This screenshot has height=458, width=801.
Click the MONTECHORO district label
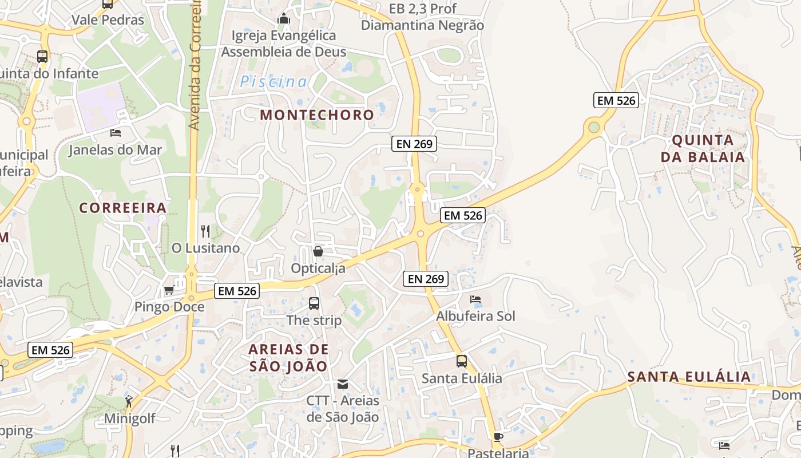pos(317,114)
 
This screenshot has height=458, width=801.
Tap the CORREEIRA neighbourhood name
pos(123,207)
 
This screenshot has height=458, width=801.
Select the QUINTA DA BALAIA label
pos(703,148)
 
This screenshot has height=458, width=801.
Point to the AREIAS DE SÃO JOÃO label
pos(289,357)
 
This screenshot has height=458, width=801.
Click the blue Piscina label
pos(273,81)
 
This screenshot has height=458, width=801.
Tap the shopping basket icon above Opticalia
pos(318,251)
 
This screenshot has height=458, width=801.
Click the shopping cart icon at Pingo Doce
pos(169,290)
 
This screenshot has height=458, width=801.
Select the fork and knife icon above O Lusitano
pos(205,231)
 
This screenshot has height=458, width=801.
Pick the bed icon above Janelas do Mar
pos(116,133)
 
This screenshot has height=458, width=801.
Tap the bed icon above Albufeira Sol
pos(475,299)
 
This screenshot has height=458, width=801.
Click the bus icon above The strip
pos(314,303)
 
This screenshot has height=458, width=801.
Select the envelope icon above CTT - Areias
pos(343,384)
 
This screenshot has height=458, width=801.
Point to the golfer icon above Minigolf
pos(129,401)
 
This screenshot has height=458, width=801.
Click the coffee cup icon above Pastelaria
pos(498,437)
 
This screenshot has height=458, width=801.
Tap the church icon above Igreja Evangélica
pos(283,19)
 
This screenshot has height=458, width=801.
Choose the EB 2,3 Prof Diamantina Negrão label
pos(423,17)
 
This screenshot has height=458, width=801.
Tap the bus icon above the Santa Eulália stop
pos(462,361)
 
